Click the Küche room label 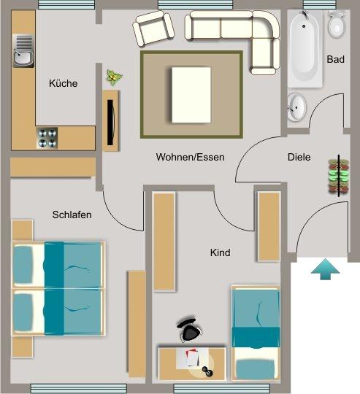point(63,84)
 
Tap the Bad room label point(335,60)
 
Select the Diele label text point(299,157)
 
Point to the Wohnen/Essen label point(190,157)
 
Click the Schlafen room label point(72,215)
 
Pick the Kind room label point(220,253)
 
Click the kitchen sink point(23,50)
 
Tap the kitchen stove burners point(47,136)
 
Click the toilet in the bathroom point(337,26)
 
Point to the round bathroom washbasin point(297,107)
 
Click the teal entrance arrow point(325,269)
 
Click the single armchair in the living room point(155,30)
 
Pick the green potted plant point(114,76)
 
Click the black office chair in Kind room point(189,331)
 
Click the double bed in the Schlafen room point(58,287)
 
